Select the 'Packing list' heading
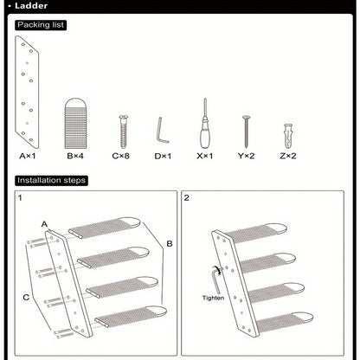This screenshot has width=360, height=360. [x=41, y=25]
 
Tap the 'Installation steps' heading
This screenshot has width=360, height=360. [x=49, y=181]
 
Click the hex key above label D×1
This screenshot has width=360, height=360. [x=161, y=132]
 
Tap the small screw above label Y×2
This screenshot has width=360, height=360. [x=246, y=130]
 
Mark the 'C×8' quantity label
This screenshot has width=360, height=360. [x=122, y=157]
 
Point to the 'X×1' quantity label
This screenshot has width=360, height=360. [x=205, y=157]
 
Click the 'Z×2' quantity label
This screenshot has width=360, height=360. [x=289, y=157]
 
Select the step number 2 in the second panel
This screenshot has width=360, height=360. [x=187, y=198]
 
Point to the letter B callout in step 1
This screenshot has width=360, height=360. [x=169, y=245]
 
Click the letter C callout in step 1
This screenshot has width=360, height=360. [x=26, y=297]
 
